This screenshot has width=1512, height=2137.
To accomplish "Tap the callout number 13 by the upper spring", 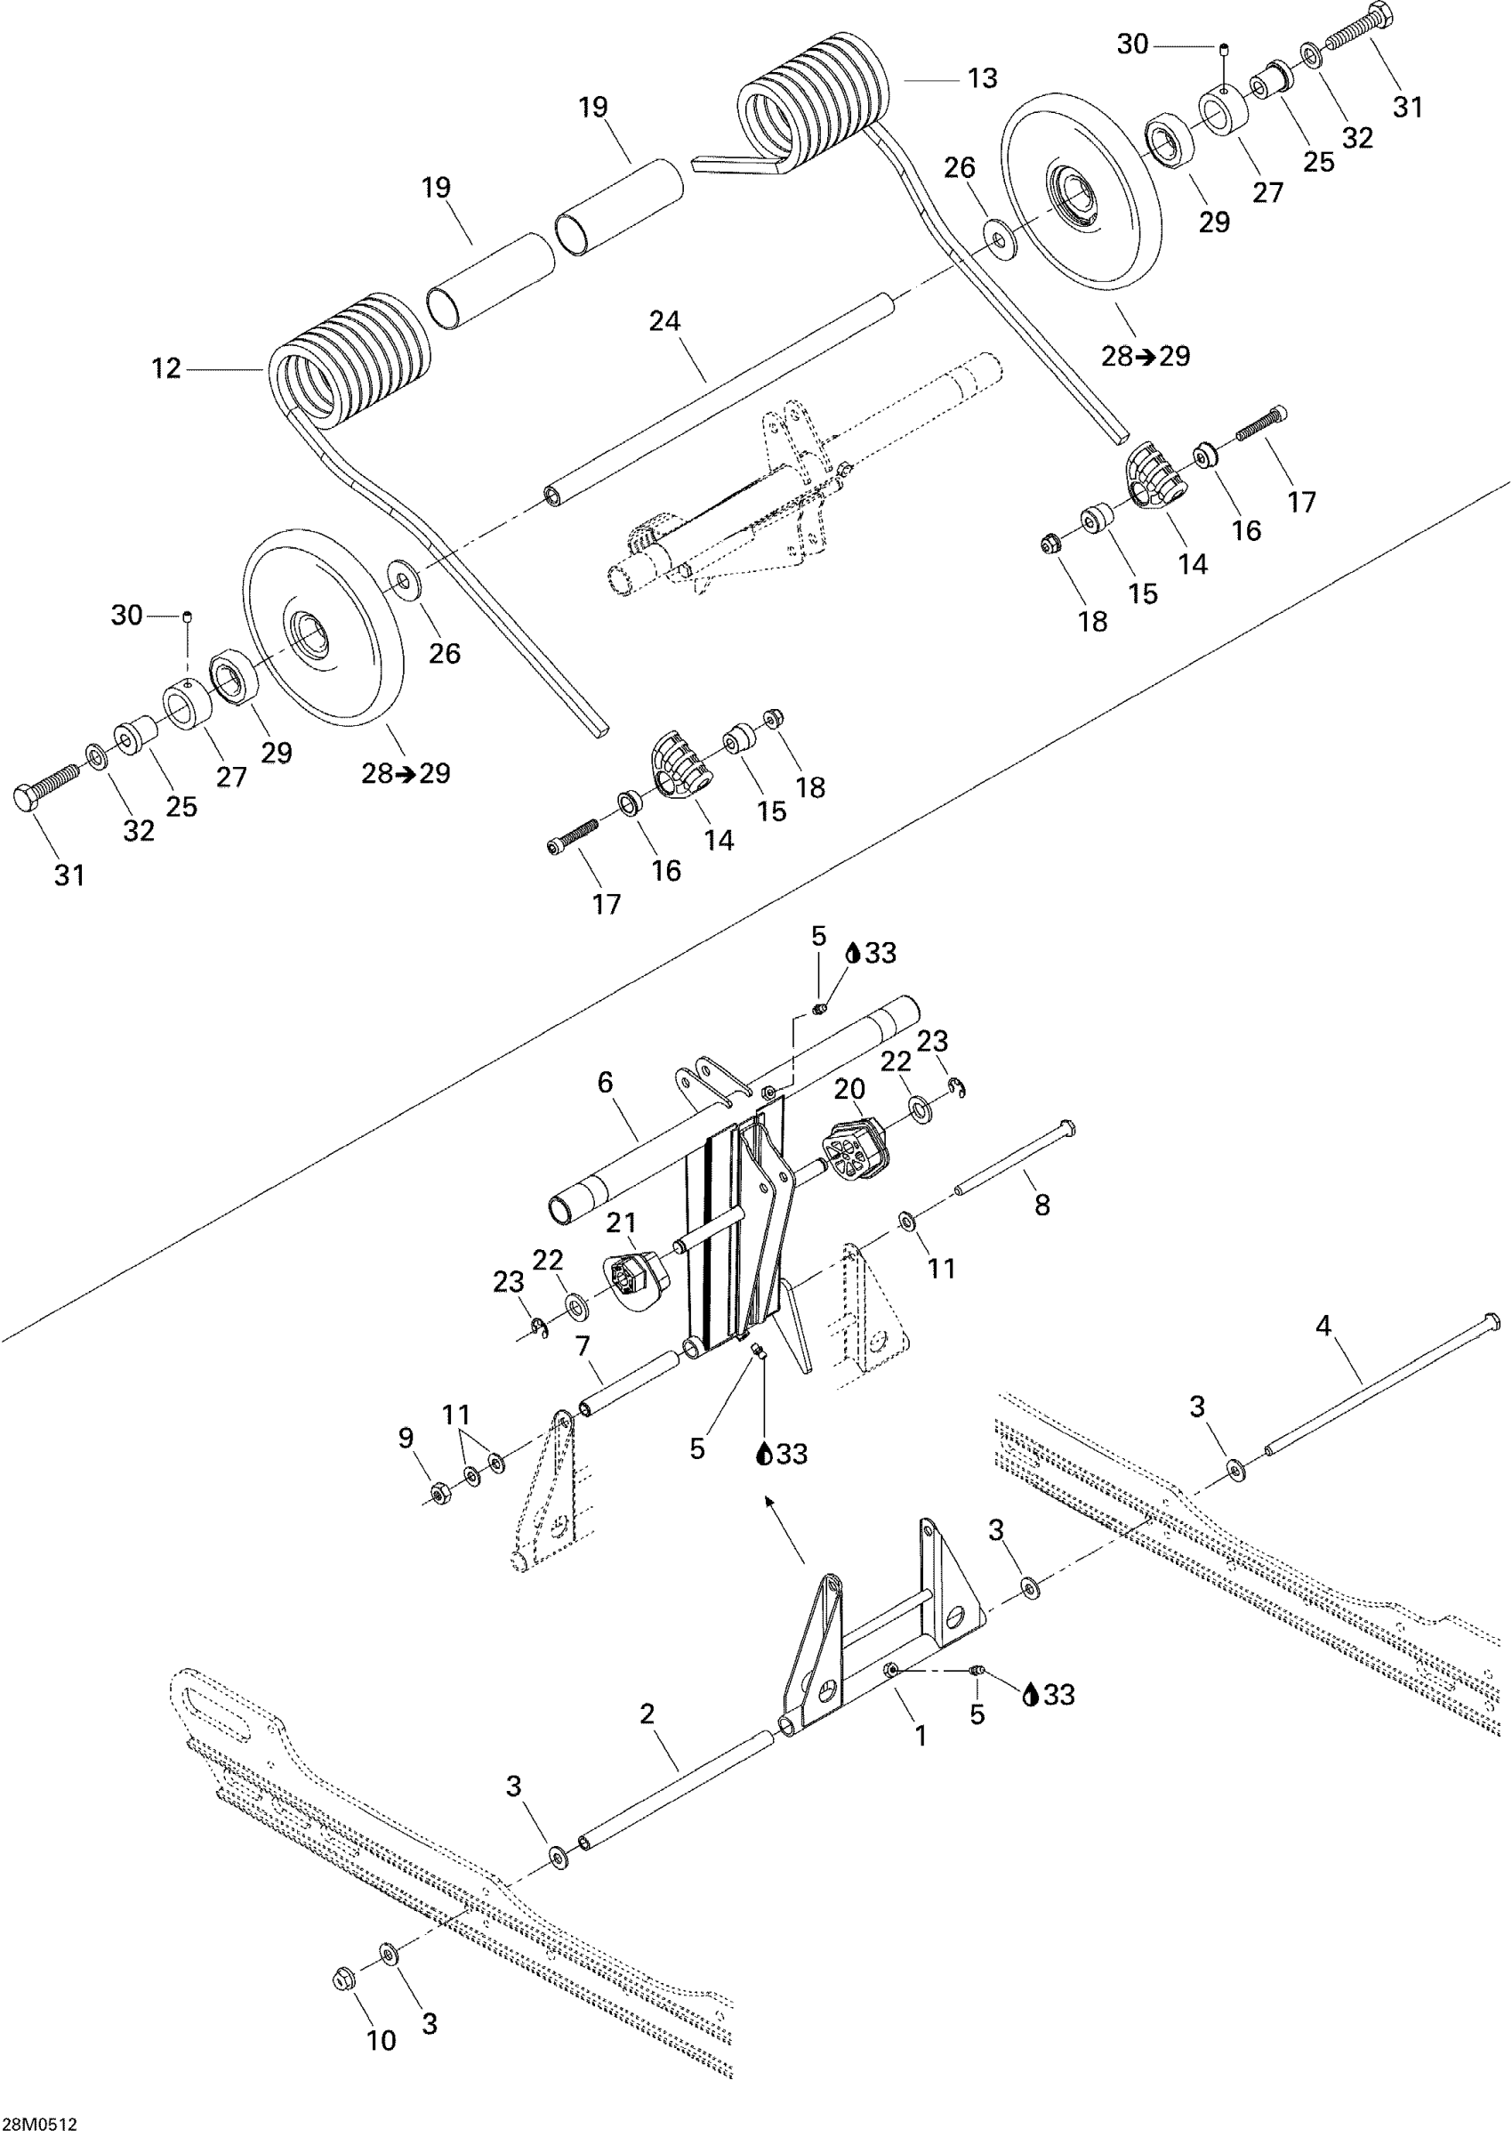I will [x=982, y=78].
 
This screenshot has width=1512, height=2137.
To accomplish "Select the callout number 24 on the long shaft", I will [x=664, y=321].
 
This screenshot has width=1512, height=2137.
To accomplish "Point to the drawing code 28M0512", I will [x=39, y=2124].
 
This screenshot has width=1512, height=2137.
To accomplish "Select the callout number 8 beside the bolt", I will [x=1042, y=1205].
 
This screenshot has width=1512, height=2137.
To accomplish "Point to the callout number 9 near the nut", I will [x=406, y=1438].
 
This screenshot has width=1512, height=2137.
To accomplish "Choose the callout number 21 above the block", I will [x=621, y=1222].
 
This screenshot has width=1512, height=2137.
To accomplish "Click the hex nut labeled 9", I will [x=437, y=1496].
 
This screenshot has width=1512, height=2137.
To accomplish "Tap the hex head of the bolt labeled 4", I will [x=1490, y=1321].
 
